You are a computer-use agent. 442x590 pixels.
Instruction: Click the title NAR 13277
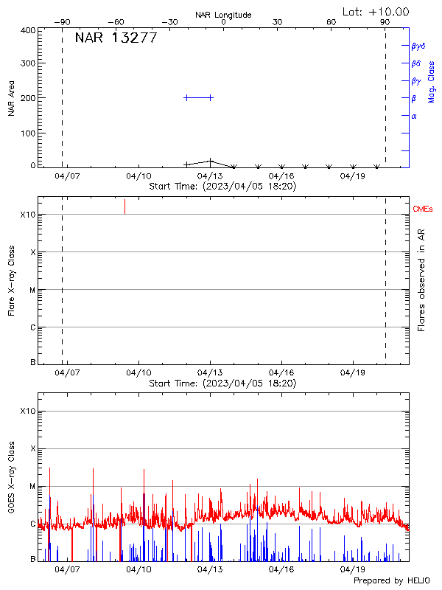point(116,38)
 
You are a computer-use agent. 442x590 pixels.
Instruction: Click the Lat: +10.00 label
point(376,12)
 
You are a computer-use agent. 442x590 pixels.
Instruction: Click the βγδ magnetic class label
point(418,46)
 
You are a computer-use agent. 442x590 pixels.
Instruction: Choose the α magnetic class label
point(414,116)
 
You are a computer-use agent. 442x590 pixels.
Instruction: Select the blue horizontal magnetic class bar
point(198,97)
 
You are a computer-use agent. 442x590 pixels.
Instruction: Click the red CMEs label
point(424,210)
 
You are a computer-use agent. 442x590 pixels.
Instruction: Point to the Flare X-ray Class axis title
point(11,279)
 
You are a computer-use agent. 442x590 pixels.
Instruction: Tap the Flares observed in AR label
point(422,279)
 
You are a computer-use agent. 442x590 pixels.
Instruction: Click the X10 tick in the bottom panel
point(28,411)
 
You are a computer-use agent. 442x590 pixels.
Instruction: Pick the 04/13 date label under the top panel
point(211,177)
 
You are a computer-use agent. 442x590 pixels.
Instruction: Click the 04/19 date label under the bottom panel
point(353,569)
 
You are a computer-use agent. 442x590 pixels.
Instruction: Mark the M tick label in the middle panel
point(32,290)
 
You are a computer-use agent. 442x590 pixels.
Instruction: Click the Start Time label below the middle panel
point(222,383)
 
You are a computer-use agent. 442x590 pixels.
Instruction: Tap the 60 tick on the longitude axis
point(331,22)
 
